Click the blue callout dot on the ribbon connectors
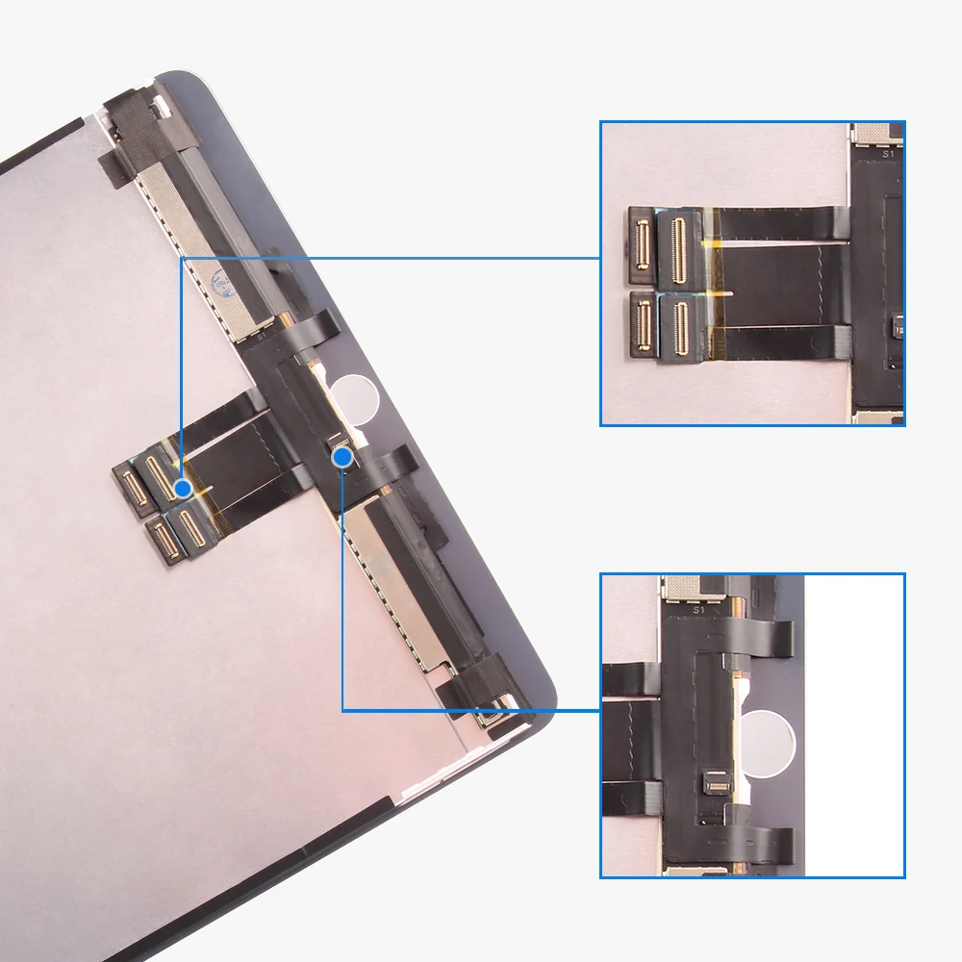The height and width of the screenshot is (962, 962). (183, 489)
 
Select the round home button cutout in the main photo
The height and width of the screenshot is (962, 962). (352, 398)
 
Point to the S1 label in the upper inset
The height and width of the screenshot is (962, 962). (887, 153)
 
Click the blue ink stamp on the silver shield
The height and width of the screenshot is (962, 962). (219, 286)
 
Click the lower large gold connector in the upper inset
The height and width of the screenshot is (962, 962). (680, 331)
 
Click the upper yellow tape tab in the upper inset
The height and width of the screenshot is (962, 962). (714, 241)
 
